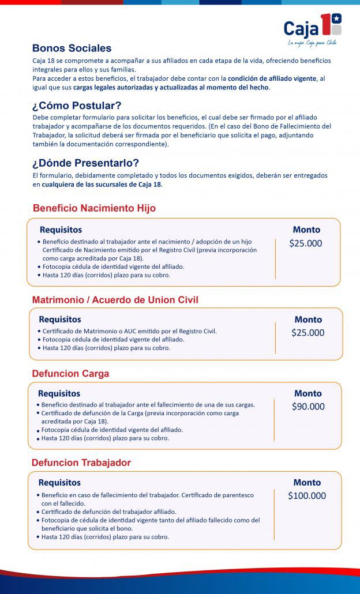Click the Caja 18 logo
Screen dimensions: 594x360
(312, 27)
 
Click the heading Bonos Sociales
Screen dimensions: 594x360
(72, 48)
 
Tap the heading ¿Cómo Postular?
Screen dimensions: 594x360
(76, 106)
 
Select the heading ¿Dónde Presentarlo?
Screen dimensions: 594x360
(85, 163)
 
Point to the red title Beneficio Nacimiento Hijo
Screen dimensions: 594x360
(94, 208)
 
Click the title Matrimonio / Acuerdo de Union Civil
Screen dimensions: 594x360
(115, 300)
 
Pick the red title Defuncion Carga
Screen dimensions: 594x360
(70, 374)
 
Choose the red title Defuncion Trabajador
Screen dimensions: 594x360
(81, 463)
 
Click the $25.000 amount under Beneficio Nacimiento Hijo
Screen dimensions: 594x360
(306, 243)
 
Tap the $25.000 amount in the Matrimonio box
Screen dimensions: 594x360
(308, 333)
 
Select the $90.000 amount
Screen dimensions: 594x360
(308, 407)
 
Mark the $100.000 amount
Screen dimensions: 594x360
(307, 496)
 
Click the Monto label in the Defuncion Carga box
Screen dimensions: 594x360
(308, 393)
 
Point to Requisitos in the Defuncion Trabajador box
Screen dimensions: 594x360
(59, 483)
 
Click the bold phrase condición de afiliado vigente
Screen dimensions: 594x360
(272, 78)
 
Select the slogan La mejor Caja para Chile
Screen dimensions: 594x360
(312, 43)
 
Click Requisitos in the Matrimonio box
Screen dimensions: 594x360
(60, 319)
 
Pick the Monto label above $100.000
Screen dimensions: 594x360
(307, 483)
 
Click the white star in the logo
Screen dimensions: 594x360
(337, 18)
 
